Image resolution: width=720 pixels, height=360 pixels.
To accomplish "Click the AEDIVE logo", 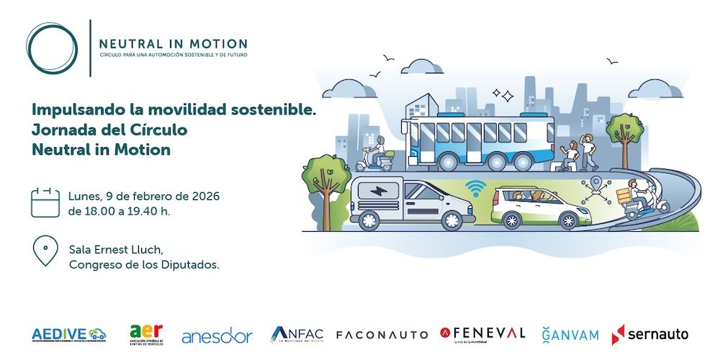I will click(x=69, y=334).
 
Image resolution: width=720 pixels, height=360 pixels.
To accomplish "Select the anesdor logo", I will click(x=217, y=336).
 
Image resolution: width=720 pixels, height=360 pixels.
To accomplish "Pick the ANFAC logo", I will click(x=297, y=335).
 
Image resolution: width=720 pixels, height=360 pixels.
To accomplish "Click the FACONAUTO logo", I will click(x=381, y=335).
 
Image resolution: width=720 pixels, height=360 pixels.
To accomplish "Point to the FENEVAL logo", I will click(x=483, y=333).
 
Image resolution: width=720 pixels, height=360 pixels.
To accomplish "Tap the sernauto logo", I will click(x=649, y=334).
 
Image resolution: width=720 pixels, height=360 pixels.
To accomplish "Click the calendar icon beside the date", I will click(x=45, y=202).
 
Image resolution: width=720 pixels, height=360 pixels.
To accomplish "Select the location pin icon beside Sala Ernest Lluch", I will click(x=45, y=251).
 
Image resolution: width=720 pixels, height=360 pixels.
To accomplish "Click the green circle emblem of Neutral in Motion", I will click(x=51, y=48).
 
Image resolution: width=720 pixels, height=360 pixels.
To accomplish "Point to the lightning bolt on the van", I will click(x=377, y=192).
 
